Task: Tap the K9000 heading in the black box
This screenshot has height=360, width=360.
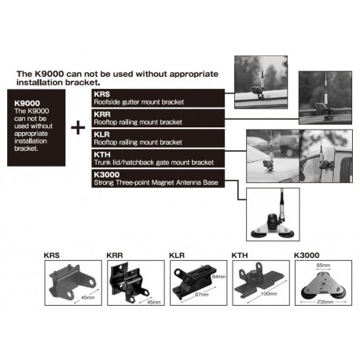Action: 27,103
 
